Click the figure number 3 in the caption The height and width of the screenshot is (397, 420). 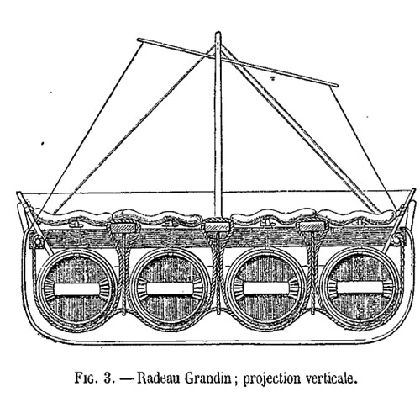coord(108,378)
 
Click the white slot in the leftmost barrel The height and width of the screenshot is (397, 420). coord(76,289)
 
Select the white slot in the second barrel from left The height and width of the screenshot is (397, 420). coord(170,288)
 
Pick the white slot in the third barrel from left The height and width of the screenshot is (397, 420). coord(266,288)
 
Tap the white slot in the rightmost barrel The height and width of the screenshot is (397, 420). coord(360,287)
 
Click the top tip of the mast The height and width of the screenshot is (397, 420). coord(218,32)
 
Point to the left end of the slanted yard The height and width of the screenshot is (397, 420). coord(139,40)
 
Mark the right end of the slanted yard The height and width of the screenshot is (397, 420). coord(336,85)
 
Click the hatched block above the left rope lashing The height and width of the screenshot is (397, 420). coord(123,228)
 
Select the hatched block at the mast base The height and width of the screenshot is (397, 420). coord(218,227)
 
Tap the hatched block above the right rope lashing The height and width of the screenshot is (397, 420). coord(312,226)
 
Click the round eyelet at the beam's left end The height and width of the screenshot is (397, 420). coord(37,241)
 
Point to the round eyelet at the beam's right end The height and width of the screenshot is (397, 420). coord(397,239)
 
